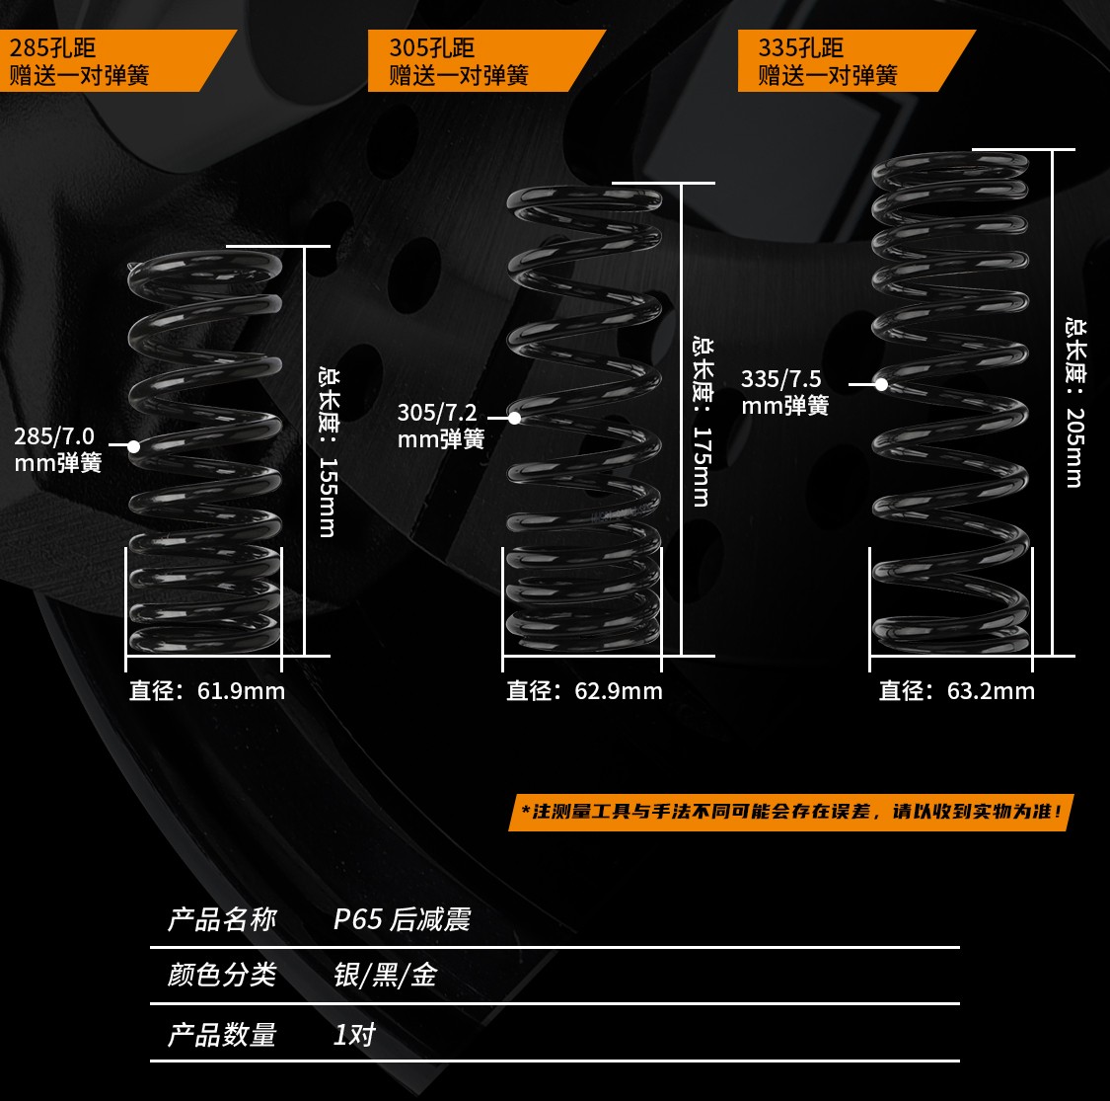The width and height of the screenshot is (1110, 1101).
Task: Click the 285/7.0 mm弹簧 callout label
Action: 57,449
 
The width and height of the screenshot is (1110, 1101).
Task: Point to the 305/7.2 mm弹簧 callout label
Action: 440,426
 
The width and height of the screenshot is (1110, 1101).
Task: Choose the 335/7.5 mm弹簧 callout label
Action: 784,392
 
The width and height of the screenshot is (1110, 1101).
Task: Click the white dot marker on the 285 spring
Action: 133,446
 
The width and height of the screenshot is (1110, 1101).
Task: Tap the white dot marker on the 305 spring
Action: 514,419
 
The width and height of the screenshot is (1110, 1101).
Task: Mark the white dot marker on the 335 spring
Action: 881,384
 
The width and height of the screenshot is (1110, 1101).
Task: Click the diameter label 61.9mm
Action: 207,690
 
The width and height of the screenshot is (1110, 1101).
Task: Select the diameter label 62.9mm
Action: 584,690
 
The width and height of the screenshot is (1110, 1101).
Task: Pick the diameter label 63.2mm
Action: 957,690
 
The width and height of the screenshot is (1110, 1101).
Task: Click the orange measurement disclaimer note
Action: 790,813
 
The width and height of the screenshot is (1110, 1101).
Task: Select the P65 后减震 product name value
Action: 402,919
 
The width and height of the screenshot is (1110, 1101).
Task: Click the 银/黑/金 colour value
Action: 385,976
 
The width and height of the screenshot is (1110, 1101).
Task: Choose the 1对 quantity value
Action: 354,1035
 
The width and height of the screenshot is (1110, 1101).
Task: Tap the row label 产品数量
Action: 222,1035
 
